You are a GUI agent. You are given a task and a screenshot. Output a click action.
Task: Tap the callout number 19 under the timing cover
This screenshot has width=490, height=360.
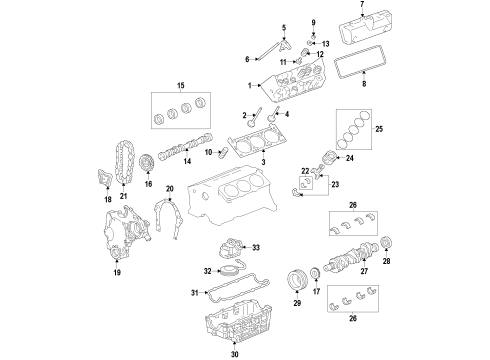click(x=116, y=272)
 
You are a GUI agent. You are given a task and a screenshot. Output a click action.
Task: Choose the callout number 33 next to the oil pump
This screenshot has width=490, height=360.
click(x=256, y=247)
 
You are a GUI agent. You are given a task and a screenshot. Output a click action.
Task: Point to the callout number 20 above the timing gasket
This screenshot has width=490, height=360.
click(x=170, y=188)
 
